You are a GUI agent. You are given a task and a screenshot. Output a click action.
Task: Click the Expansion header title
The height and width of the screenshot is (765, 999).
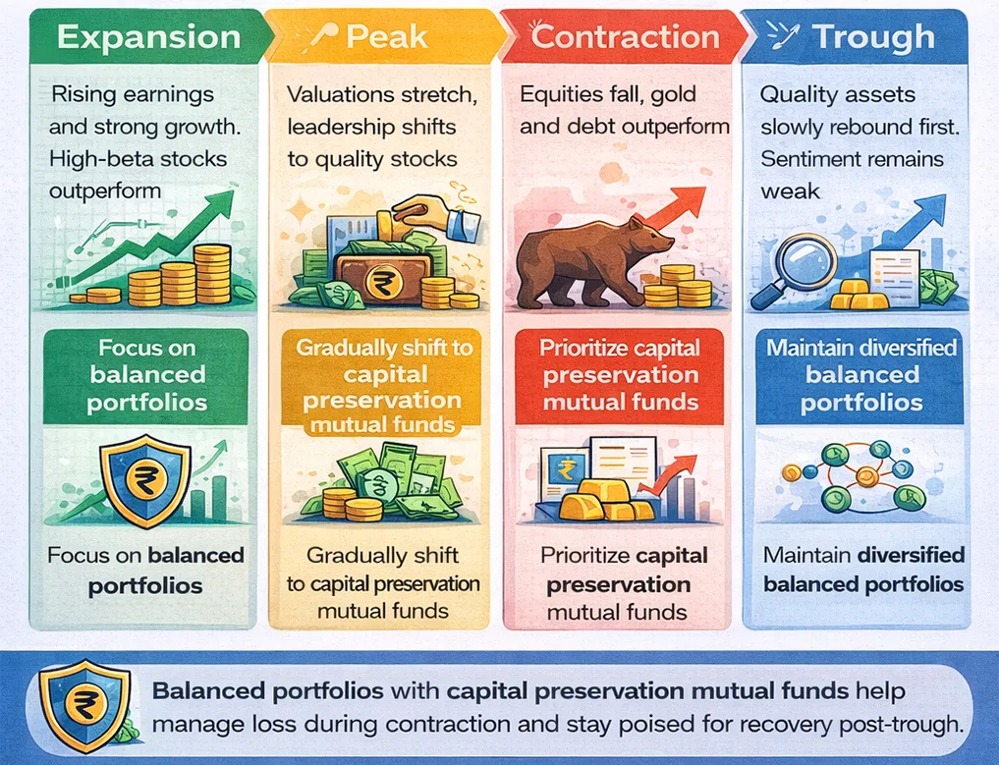click(x=148, y=37)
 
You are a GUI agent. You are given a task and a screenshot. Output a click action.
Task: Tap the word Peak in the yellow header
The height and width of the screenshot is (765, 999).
click(x=387, y=37)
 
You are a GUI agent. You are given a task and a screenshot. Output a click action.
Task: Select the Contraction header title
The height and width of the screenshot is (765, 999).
click(x=625, y=36)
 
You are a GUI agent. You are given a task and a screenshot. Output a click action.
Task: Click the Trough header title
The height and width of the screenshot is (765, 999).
click(x=873, y=37)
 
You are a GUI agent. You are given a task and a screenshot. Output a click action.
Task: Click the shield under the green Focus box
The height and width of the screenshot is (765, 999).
click(x=145, y=480)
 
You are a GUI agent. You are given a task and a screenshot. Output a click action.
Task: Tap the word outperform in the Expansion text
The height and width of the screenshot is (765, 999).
click(x=104, y=191)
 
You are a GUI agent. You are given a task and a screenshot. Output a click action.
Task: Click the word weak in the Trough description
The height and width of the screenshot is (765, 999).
click(x=790, y=191)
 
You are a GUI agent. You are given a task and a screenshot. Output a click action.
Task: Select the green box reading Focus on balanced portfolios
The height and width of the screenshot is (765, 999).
click(x=146, y=376)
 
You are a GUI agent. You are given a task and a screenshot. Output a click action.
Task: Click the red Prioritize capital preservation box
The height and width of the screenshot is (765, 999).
click(x=619, y=376)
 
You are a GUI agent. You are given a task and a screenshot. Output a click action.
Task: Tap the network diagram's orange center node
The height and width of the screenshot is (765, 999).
click(x=866, y=476)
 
